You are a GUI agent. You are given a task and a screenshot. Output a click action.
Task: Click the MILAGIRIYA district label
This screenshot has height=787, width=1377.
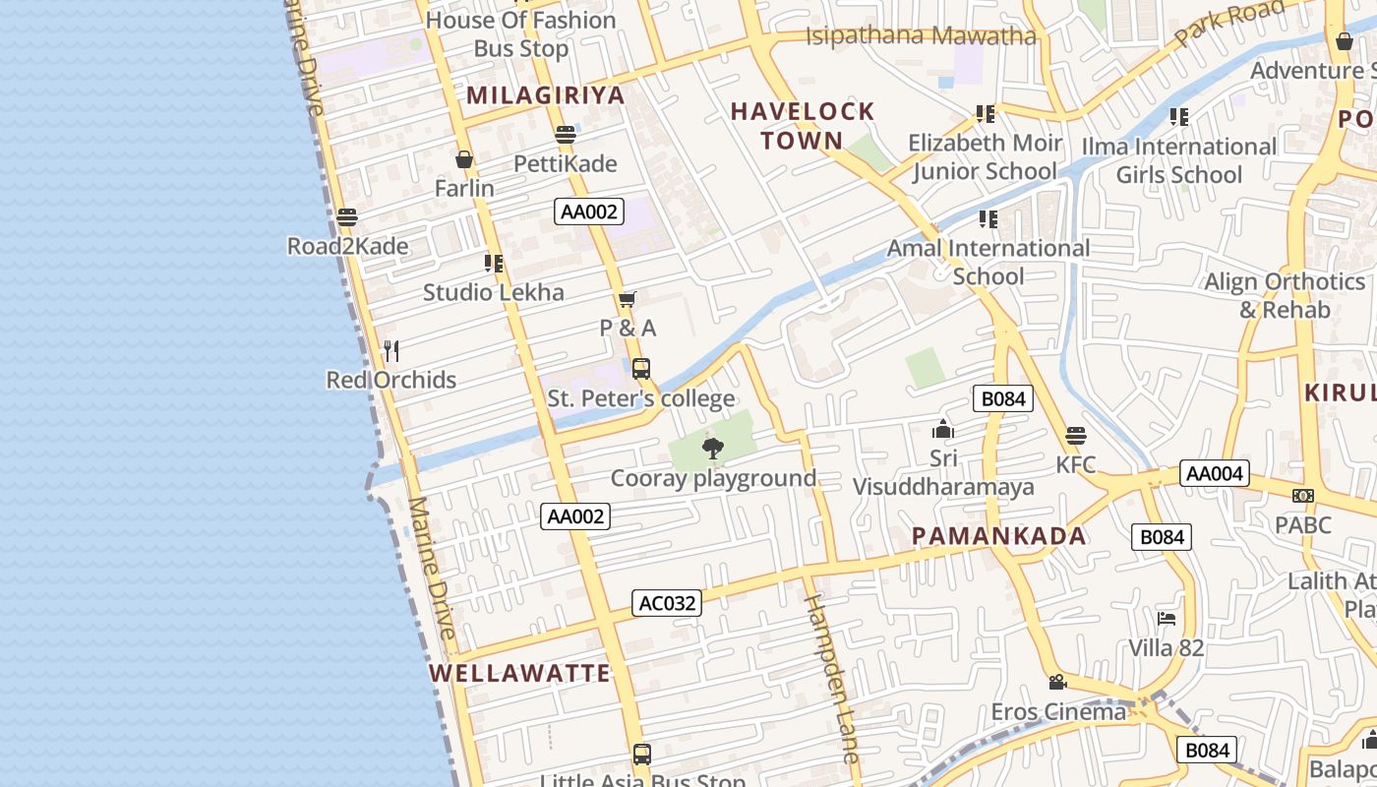click(546, 95)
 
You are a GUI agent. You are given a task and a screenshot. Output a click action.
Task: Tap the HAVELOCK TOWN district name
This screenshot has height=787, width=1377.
click(803, 126)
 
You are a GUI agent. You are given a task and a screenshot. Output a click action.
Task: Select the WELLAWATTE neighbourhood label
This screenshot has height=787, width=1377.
click(520, 674)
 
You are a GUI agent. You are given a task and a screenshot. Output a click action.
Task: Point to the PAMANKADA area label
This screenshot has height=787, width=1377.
click(998, 536)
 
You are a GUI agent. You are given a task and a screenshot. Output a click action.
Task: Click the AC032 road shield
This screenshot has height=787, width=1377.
click(667, 603)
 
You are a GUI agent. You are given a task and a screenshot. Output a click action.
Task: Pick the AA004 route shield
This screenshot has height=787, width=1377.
click(1215, 473)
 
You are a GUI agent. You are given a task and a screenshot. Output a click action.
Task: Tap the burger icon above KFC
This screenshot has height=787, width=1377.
click(1076, 436)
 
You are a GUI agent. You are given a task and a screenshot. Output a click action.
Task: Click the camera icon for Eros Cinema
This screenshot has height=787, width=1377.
click(1057, 682)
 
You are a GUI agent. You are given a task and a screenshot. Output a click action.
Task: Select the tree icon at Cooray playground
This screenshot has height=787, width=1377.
click(713, 450)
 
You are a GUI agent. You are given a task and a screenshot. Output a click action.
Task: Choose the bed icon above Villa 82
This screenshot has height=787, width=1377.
click(1167, 619)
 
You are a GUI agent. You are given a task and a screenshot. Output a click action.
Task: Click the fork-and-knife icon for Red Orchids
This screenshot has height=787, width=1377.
click(391, 350)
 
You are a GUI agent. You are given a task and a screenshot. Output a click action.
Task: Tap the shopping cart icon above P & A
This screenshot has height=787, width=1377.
click(628, 299)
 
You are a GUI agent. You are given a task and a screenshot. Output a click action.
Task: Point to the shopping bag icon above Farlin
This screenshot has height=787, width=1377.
click(464, 159)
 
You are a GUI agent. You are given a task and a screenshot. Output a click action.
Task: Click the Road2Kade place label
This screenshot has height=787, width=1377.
click(347, 246)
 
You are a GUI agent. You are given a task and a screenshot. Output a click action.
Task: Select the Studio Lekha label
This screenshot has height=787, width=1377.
click(494, 292)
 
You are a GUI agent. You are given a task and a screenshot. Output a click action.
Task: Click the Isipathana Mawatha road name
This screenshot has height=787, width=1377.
click(921, 36)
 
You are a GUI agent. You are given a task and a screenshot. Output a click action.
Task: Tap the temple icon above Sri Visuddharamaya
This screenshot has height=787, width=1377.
click(942, 429)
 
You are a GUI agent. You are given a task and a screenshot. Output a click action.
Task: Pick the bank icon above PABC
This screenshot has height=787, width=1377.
click(1303, 496)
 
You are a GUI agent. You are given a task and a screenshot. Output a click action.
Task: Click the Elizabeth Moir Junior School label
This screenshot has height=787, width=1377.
click(985, 157)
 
